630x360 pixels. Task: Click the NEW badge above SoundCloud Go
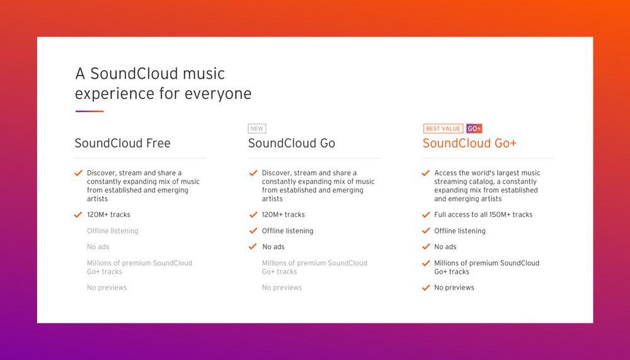click(x=257, y=129)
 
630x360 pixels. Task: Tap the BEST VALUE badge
click(x=443, y=129)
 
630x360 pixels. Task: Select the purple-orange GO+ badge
click(x=474, y=129)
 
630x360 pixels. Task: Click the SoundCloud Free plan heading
click(x=123, y=143)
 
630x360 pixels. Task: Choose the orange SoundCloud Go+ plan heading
click(x=470, y=143)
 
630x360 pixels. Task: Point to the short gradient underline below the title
click(x=89, y=112)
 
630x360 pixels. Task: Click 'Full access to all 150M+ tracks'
click(x=483, y=215)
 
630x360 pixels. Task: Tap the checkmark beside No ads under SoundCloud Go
click(x=253, y=247)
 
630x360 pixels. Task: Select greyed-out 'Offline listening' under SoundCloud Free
click(x=113, y=231)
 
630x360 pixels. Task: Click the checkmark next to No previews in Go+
click(x=426, y=287)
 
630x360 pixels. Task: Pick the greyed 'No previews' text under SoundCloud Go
click(x=282, y=287)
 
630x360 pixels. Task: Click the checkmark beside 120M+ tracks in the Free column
click(x=78, y=215)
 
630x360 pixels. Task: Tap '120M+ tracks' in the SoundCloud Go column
click(x=283, y=215)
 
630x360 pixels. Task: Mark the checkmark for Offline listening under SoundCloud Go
click(x=253, y=231)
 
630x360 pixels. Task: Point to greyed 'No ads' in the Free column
click(x=98, y=247)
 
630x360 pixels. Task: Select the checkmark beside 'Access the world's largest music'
click(x=426, y=173)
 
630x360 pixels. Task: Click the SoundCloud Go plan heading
click(x=292, y=143)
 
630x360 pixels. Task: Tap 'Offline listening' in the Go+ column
click(x=460, y=231)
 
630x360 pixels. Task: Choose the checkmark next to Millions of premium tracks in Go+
click(x=426, y=264)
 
